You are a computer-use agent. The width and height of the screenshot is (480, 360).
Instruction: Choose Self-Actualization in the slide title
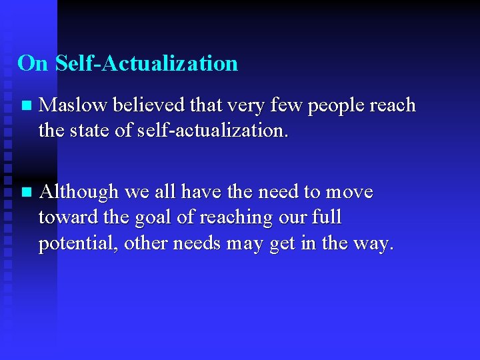(x=147, y=63)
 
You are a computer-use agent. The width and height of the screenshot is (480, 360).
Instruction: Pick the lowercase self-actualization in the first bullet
(x=212, y=131)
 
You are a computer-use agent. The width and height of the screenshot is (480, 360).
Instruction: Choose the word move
(x=349, y=193)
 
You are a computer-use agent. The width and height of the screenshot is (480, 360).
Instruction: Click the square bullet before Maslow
(x=25, y=106)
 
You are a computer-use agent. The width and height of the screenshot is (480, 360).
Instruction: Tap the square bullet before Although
(x=25, y=193)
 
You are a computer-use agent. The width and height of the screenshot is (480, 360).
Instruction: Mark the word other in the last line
(x=147, y=244)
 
